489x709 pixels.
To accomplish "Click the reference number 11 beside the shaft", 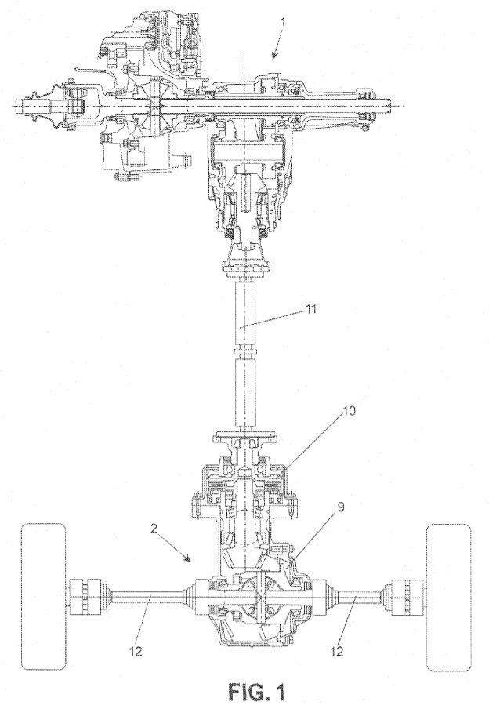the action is pyautogui.click(x=311, y=309).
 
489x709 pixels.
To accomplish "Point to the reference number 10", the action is pyautogui.click(x=350, y=410).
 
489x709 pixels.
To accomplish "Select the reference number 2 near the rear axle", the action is pyautogui.click(x=154, y=529).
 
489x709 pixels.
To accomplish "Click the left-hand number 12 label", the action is pyautogui.click(x=136, y=651).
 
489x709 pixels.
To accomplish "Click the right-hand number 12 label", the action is pyautogui.click(x=337, y=651).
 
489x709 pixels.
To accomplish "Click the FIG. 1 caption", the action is pyautogui.click(x=257, y=692).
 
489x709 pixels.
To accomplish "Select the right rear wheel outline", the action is pyautogui.click(x=449, y=597).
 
